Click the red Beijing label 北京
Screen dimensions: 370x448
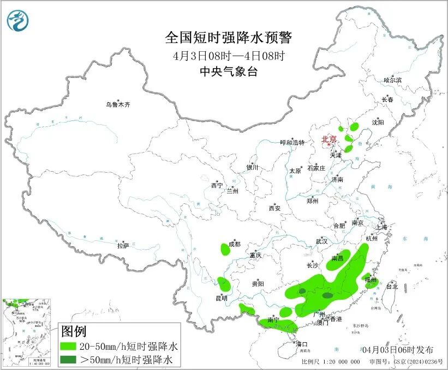(x=329, y=139)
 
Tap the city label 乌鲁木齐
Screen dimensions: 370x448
(x=118, y=104)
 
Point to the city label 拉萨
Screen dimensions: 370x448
(x=123, y=246)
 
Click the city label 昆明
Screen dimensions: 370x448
(x=222, y=299)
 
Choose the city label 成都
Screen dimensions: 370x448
(x=235, y=244)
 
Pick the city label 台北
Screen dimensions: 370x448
(x=392, y=286)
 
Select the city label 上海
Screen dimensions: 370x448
(x=381, y=227)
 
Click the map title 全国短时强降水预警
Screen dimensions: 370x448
(x=229, y=38)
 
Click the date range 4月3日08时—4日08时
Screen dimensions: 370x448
(x=229, y=56)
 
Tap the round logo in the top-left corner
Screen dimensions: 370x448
(x=17, y=21)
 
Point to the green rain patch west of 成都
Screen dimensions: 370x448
(x=225, y=250)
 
